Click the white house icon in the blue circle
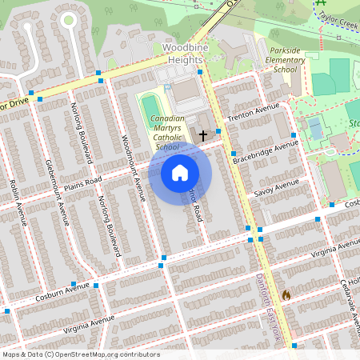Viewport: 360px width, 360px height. click(180, 173)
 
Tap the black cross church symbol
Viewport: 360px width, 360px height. click(203, 137)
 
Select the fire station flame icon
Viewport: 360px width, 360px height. click(286, 294)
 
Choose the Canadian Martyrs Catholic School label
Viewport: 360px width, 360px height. click(167, 133)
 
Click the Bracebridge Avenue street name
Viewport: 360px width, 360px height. click(265, 150)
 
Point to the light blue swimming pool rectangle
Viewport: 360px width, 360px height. click(315, 127)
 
